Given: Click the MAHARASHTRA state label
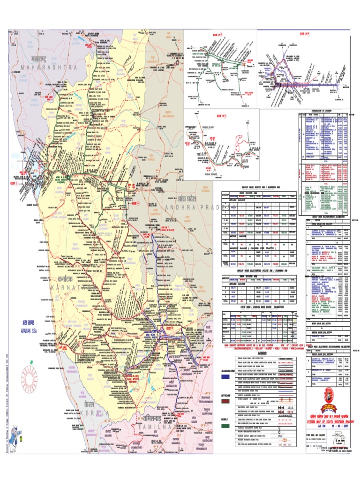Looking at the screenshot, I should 49,67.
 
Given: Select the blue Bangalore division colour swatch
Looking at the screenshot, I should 225,376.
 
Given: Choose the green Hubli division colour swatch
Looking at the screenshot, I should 225,426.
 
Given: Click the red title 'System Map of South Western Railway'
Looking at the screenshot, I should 328,421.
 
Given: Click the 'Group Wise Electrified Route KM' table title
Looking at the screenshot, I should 259,271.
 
